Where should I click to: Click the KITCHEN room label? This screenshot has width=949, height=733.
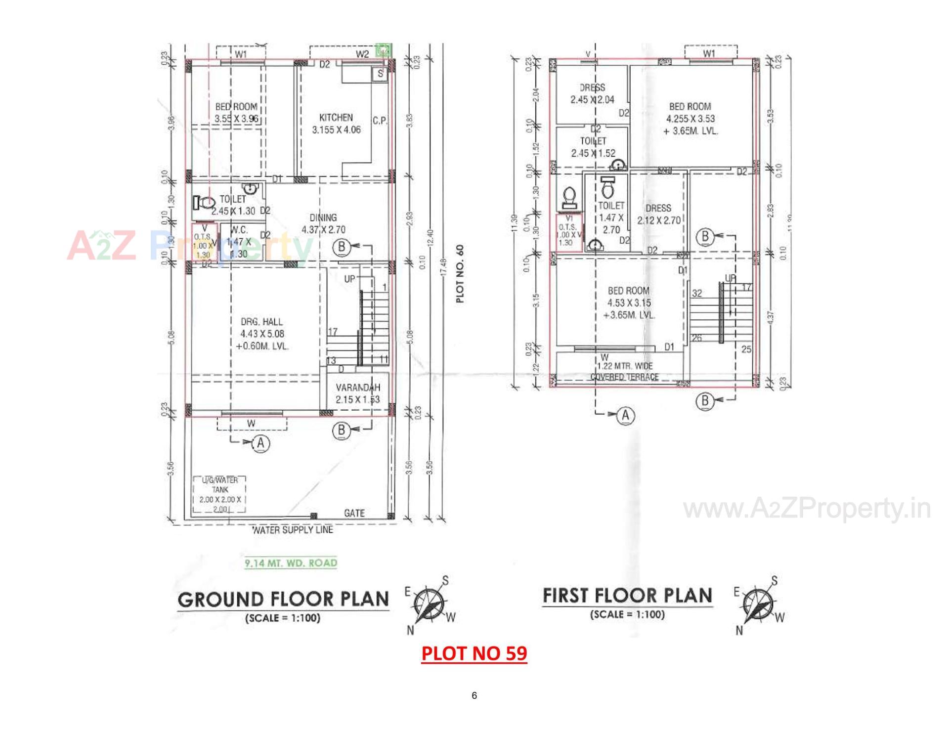click(336, 118)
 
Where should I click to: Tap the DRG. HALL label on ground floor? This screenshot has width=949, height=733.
click(262, 322)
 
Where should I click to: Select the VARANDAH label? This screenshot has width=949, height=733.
click(358, 388)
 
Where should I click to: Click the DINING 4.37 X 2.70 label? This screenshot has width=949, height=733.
click(323, 223)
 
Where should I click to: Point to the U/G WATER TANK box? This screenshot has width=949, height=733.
click(220, 495)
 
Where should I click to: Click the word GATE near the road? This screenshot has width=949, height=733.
click(354, 514)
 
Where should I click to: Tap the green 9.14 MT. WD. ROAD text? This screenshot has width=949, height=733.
click(291, 563)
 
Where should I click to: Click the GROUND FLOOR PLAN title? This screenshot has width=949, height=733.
click(283, 600)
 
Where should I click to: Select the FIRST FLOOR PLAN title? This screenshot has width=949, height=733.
click(627, 596)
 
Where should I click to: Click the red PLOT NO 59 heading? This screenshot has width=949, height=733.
click(474, 653)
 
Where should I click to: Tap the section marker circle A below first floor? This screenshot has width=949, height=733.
click(626, 416)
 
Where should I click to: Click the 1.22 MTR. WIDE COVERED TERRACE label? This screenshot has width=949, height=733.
click(625, 371)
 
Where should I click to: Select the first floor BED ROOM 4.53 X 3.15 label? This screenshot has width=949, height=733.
click(629, 297)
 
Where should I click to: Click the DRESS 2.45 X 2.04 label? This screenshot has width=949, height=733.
click(592, 93)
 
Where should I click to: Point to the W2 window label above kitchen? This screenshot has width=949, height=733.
click(362, 54)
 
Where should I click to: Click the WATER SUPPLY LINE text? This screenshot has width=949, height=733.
click(293, 530)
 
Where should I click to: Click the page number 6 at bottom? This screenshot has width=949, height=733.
click(474, 696)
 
